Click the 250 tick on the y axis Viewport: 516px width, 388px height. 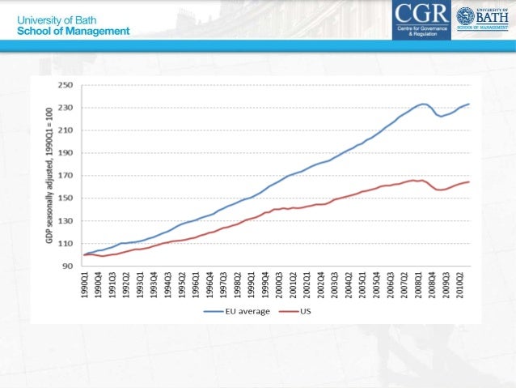64,84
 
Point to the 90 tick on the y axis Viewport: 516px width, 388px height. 66,266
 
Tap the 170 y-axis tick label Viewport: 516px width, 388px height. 64,175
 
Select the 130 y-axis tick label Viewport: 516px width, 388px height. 64,221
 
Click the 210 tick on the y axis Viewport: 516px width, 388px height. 64,130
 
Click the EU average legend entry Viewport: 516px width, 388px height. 241,311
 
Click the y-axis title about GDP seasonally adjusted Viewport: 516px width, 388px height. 47,175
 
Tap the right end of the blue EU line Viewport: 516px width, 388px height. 469,104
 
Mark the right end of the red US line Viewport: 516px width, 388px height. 469,182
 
